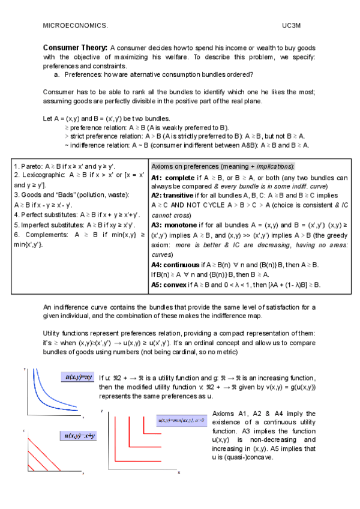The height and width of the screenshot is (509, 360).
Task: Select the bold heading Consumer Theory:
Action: point(75,47)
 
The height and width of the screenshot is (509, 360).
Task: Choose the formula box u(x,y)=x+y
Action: point(79,435)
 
